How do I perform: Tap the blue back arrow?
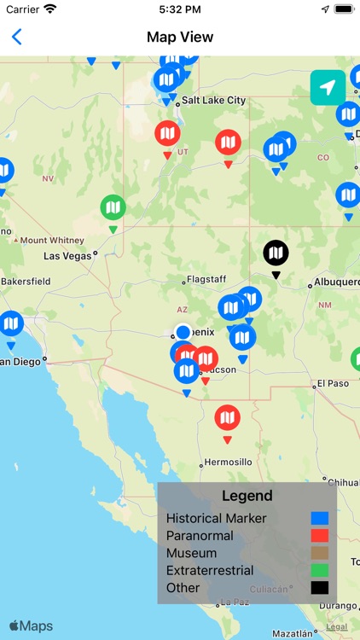(16, 37)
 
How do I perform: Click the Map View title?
(180, 37)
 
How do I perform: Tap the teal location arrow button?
(328, 88)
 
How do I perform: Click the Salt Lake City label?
(213, 101)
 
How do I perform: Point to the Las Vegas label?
(67, 255)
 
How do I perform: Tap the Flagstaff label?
(206, 279)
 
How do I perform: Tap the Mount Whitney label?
(52, 241)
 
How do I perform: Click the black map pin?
(276, 253)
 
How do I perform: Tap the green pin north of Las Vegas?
(113, 207)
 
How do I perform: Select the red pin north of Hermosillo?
(227, 418)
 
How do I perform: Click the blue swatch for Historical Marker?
(319, 518)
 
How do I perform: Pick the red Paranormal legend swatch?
(319, 536)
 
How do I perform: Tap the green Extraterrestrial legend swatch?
(319, 570)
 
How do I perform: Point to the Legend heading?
(247, 496)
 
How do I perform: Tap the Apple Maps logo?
(31, 626)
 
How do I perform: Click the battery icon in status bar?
(343, 9)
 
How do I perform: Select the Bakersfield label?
(26, 281)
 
